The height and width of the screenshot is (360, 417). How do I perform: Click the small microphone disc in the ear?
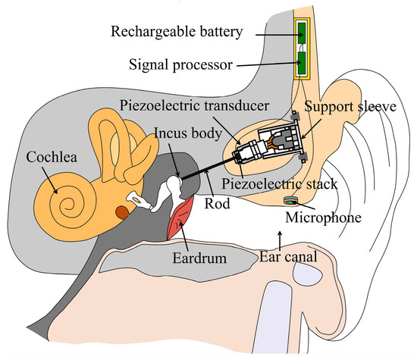point(290,201)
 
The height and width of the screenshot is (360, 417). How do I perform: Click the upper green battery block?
point(302,33)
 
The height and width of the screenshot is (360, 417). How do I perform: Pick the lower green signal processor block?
point(302,64)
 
